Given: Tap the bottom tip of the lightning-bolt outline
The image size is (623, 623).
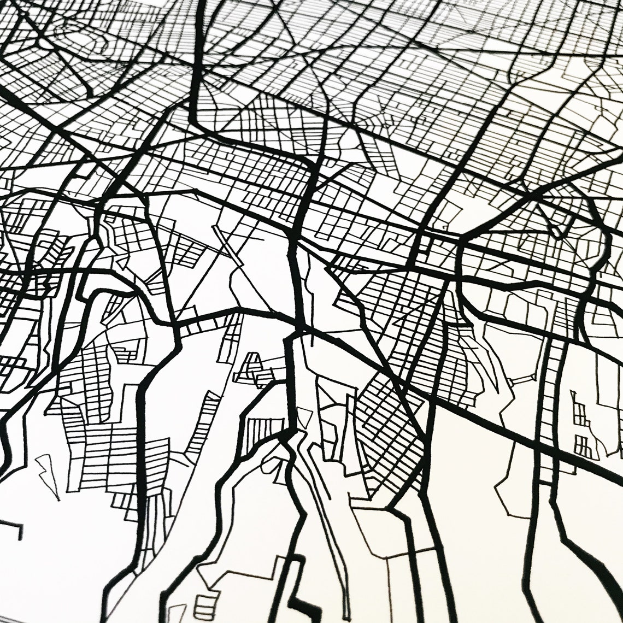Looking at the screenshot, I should pyautogui.click(x=58, y=499).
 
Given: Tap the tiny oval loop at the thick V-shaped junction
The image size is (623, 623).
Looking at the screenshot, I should pyautogui.click(x=555, y=232).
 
